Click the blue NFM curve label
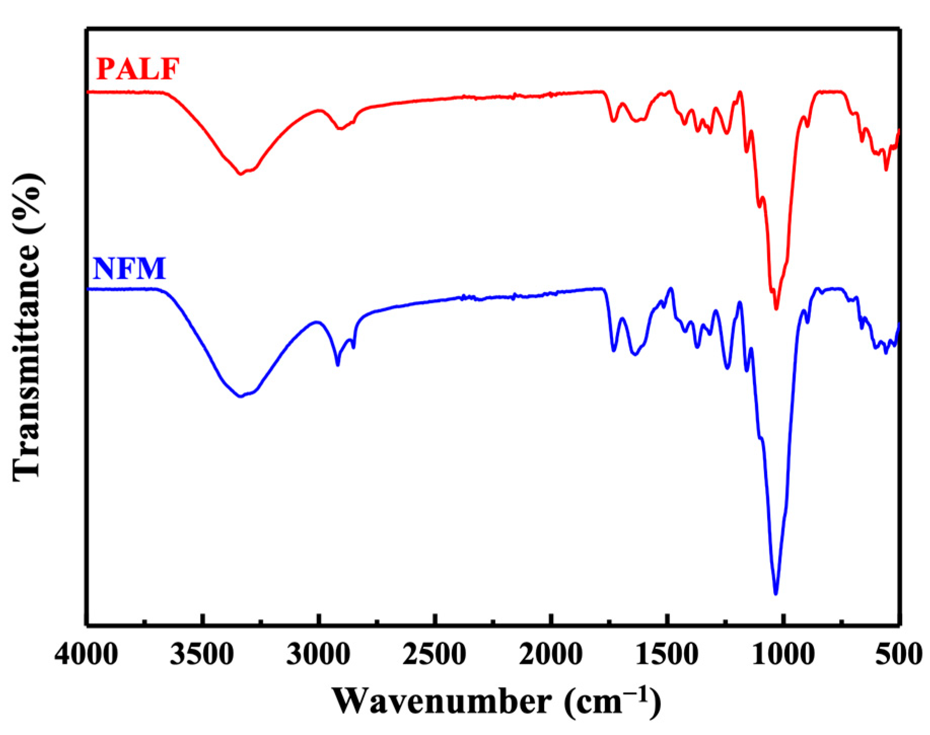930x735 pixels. (x=129, y=268)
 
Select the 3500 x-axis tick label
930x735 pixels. (x=202, y=655)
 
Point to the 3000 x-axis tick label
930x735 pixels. (x=318, y=655)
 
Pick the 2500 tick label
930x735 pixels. (x=435, y=655)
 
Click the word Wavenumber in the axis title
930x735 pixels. (x=442, y=702)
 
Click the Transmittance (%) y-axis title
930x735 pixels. (x=26, y=327)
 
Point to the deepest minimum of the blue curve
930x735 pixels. (x=775, y=594)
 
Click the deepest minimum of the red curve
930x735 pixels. (x=776, y=308)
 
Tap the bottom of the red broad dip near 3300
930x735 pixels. (x=240, y=174)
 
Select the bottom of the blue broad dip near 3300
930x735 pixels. (x=240, y=397)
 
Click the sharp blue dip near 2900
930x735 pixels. (x=338, y=365)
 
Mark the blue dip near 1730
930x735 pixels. (x=614, y=351)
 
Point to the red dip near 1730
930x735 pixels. (x=614, y=121)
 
